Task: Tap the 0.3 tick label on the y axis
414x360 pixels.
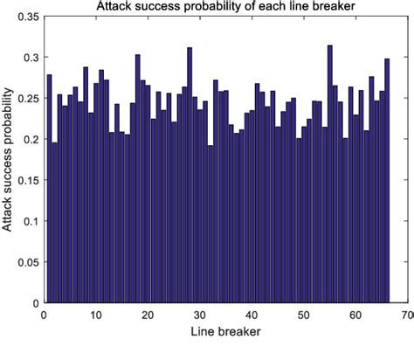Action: click(x=31, y=57)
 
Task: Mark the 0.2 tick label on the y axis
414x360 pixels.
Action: click(x=31, y=139)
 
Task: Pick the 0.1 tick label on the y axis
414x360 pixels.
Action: click(x=31, y=221)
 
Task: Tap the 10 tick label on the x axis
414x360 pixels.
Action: click(x=96, y=315)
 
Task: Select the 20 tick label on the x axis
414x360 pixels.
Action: click(x=148, y=315)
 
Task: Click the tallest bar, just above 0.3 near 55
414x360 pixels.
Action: click(x=329, y=175)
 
